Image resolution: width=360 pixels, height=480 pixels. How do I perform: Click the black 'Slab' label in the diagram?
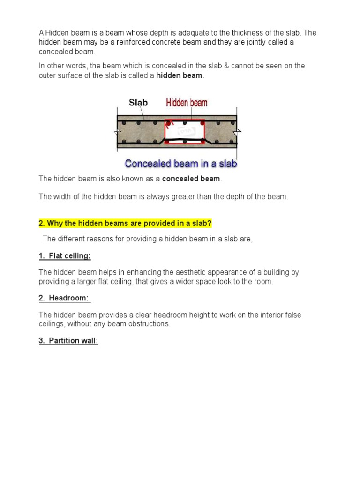click(138, 103)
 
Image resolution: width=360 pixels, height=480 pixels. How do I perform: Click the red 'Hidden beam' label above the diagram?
click(187, 103)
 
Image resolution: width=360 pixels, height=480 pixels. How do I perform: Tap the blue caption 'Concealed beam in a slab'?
click(181, 164)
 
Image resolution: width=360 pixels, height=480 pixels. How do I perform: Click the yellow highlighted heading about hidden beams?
click(125, 222)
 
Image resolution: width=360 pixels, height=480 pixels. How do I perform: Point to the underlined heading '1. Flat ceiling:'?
click(65, 256)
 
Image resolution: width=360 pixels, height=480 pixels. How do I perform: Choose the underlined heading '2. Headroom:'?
click(64, 299)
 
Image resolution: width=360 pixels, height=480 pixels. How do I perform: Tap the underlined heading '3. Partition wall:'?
click(68, 341)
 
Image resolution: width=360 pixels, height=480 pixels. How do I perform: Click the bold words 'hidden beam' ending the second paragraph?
click(179, 75)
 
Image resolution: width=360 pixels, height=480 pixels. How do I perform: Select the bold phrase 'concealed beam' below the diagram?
click(191, 179)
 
